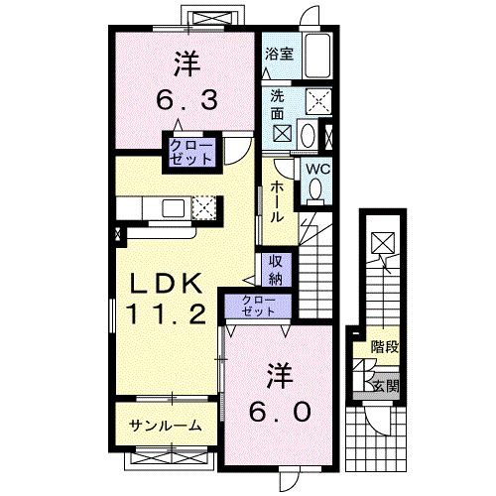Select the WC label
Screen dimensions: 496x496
click(x=316, y=169)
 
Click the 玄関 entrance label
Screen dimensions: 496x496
click(x=386, y=385)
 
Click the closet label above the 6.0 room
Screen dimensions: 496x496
click(x=260, y=305)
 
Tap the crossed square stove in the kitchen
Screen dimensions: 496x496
click(x=205, y=207)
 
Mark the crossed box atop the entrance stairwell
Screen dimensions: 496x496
click(x=382, y=242)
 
